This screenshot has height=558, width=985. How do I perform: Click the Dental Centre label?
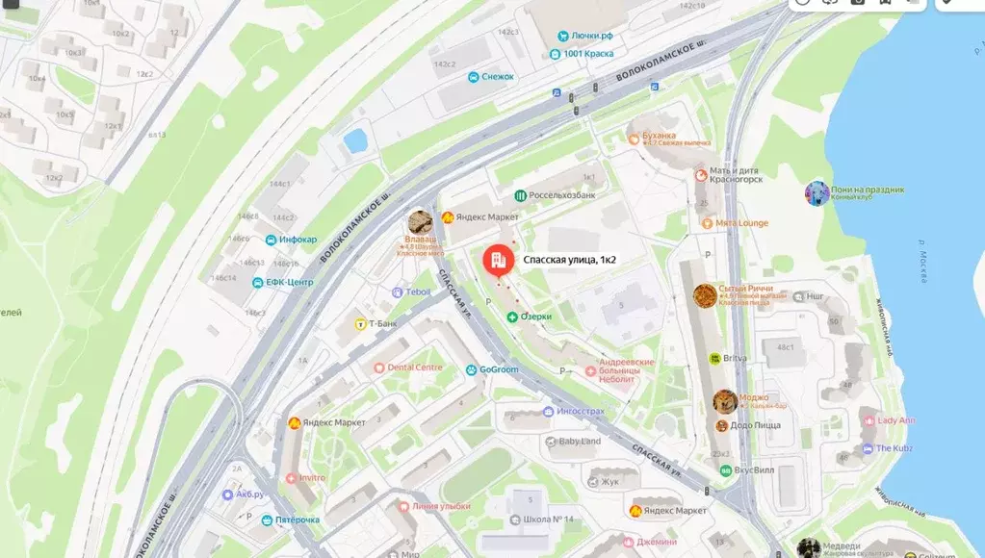pos(415,368)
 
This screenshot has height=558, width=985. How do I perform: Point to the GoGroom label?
pos(499,369)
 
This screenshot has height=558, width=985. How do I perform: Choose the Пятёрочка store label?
pos(298,520)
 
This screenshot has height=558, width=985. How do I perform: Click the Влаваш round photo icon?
pos(419,222)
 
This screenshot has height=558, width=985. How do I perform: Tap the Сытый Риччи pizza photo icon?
pos(705,295)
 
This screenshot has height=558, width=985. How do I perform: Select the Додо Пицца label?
pos(755,425)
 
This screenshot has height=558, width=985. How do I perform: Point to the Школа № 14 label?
pos(549,520)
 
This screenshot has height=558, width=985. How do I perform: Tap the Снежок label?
pos(498,77)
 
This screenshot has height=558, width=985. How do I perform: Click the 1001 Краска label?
pos(589,54)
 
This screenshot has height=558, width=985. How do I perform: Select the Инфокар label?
pos(298,240)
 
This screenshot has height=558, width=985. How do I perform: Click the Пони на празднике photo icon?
pos(817,193)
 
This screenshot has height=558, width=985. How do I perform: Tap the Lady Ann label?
pos(895,420)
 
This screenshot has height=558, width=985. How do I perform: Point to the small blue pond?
pos(356,140)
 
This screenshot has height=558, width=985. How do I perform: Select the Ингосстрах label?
pos(580,411)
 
